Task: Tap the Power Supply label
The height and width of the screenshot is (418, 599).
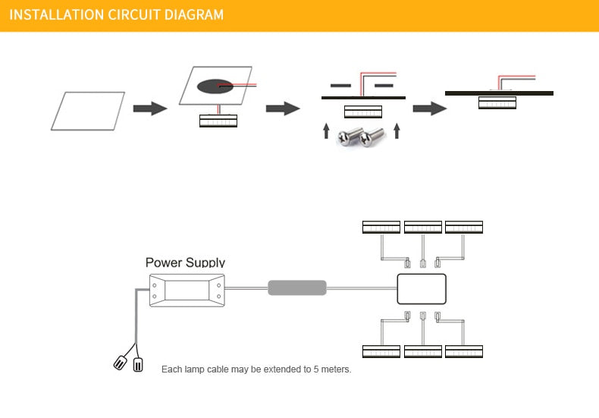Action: (x=185, y=262)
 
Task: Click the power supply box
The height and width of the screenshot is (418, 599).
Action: (x=187, y=290)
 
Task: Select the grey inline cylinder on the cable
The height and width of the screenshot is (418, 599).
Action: (x=297, y=288)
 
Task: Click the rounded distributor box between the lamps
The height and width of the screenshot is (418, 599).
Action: (x=422, y=288)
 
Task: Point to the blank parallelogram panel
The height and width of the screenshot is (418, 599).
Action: (x=88, y=111)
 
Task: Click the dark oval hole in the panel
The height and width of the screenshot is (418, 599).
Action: (x=216, y=86)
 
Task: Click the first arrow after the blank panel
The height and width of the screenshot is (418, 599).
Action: (x=149, y=108)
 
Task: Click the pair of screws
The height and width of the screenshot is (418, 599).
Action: (x=361, y=137)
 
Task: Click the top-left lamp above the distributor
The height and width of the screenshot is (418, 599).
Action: (x=381, y=227)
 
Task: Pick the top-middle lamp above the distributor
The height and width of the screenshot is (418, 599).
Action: (x=423, y=227)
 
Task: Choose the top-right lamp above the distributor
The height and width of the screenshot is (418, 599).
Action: (x=464, y=227)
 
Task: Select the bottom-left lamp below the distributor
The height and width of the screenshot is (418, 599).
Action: (x=381, y=351)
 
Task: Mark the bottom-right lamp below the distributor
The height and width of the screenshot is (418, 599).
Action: (x=464, y=351)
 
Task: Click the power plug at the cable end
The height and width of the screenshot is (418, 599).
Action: (x=129, y=363)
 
